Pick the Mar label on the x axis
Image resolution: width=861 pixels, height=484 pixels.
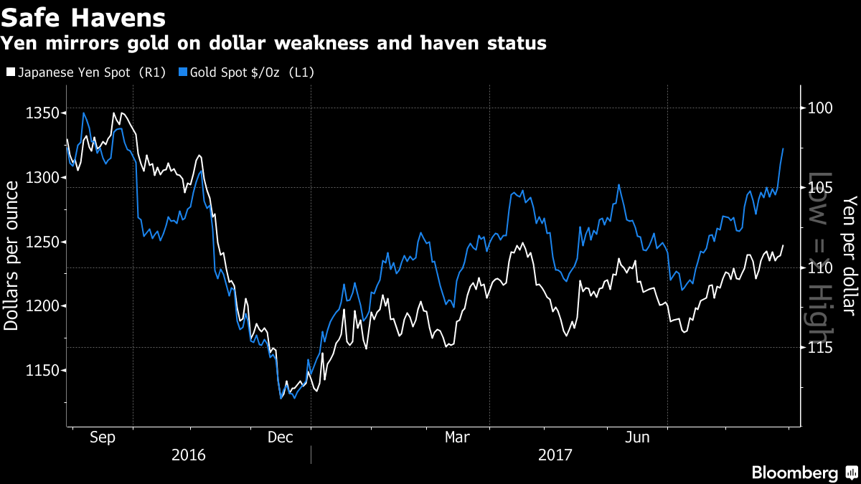(458, 437)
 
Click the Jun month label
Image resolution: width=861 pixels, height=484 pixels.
(638, 437)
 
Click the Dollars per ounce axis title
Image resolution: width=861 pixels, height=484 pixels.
(11, 256)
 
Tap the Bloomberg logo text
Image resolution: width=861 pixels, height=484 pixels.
(794, 473)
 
